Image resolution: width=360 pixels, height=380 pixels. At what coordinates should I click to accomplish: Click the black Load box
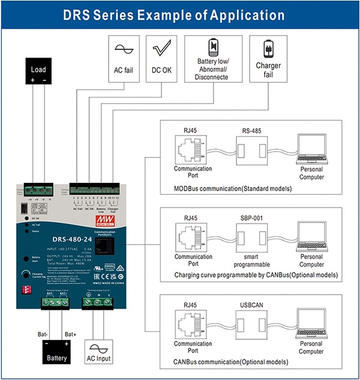(38, 73)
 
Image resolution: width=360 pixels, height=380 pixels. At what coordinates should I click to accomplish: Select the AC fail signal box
(123, 57)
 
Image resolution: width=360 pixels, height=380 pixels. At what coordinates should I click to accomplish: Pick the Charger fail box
(265, 57)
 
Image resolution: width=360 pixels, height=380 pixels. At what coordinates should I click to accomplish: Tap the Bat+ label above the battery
(71, 334)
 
